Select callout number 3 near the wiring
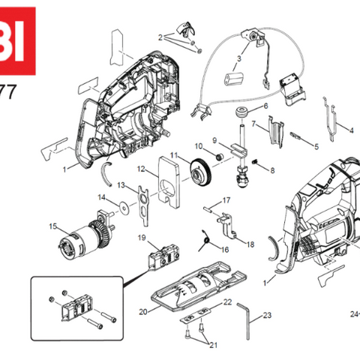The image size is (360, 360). [239, 58]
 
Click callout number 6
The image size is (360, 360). [264, 106]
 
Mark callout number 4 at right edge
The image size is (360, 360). [351, 130]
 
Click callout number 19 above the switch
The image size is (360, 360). [141, 238]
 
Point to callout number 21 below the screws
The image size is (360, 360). [213, 344]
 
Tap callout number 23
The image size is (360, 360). [267, 315]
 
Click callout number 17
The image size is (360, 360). [226, 200]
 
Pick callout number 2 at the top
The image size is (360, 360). [160, 37]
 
